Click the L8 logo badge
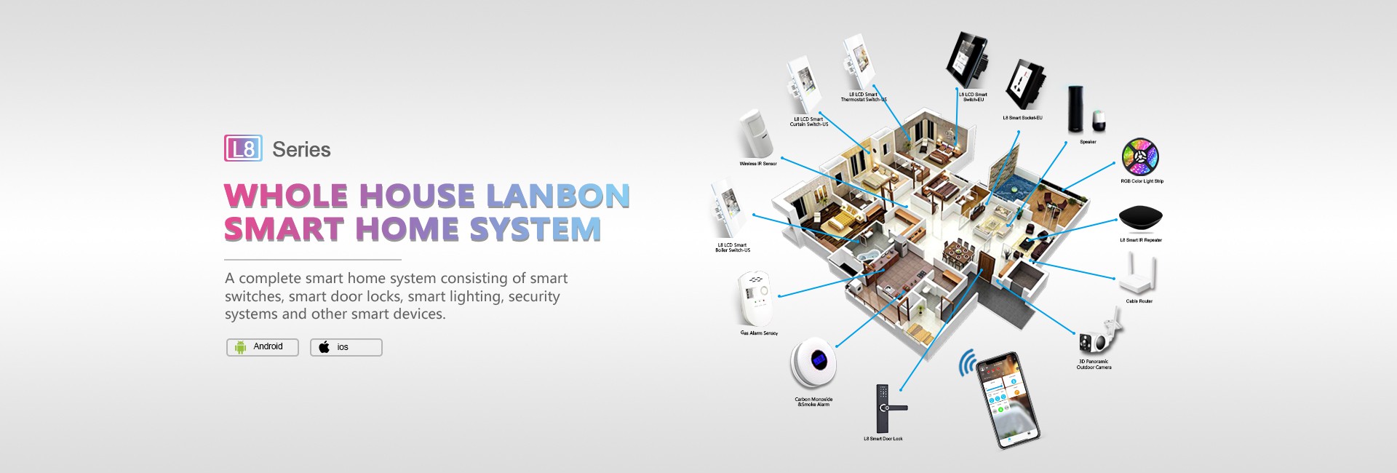[243, 148]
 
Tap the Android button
[262, 347]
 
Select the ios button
[346, 347]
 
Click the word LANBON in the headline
[557, 196]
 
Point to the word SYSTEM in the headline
[535, 229]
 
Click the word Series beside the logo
[301, 150]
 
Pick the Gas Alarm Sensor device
[755, 298]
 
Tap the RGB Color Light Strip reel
[1140, 156]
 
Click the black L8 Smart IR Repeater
[1140, 218]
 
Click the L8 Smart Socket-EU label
[1022, 118]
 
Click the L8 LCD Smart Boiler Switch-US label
[733, 247]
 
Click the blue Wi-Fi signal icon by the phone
[967, 362]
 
